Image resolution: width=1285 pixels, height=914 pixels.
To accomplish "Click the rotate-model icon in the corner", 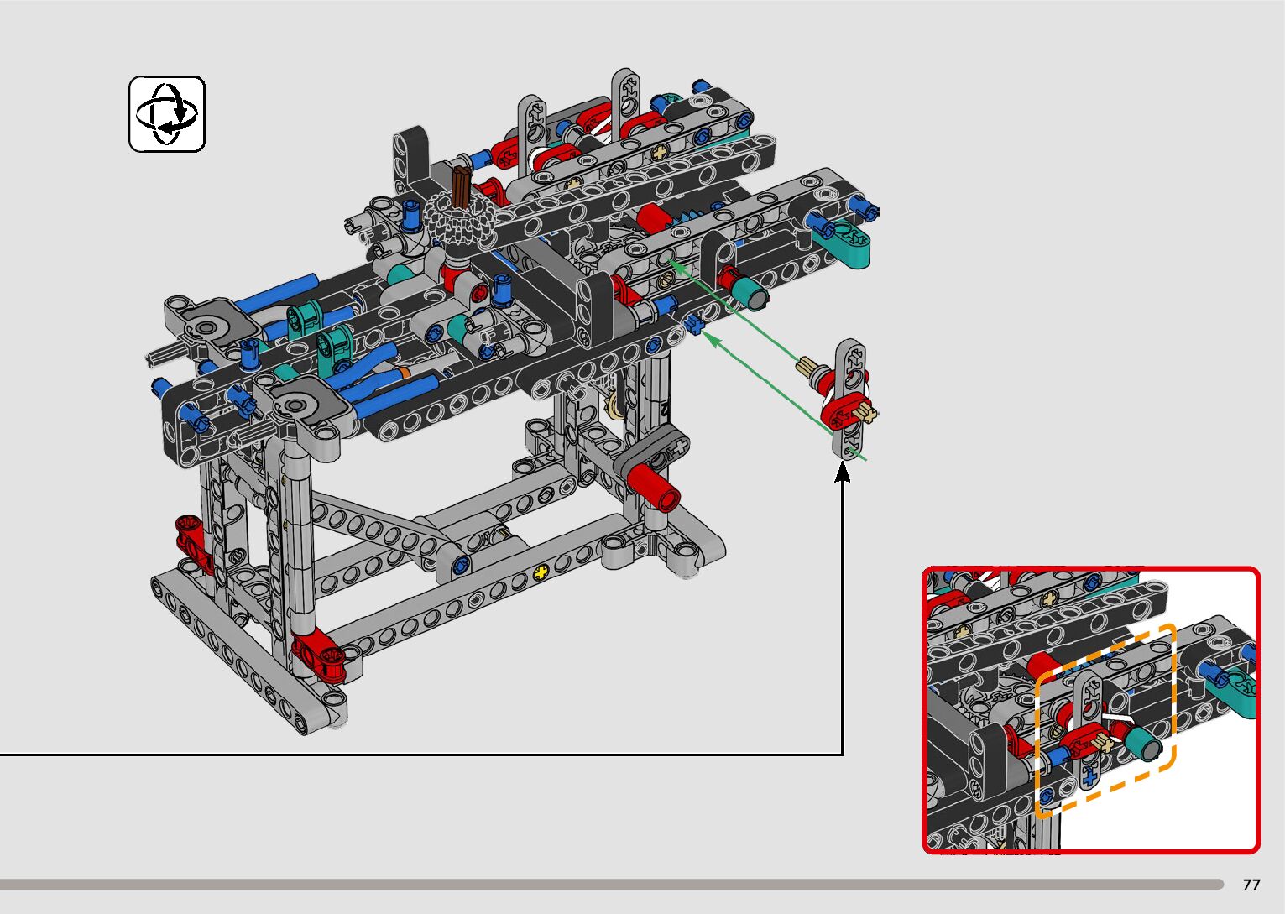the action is [x=167, y=114].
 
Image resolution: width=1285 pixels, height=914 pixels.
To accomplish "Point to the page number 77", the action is [x=1251, y=885].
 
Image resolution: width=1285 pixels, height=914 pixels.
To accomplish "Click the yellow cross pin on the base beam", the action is [x=541, y=572].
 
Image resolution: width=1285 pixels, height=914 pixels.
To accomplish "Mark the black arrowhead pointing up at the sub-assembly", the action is [x=842, y=473].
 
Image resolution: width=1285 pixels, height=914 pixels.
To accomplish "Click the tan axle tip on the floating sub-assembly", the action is [x=808, y=367].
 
